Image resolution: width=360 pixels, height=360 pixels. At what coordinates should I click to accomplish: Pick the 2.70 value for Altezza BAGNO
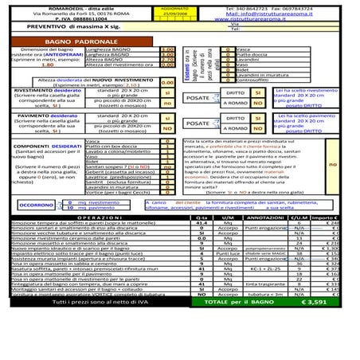[167, 58]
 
